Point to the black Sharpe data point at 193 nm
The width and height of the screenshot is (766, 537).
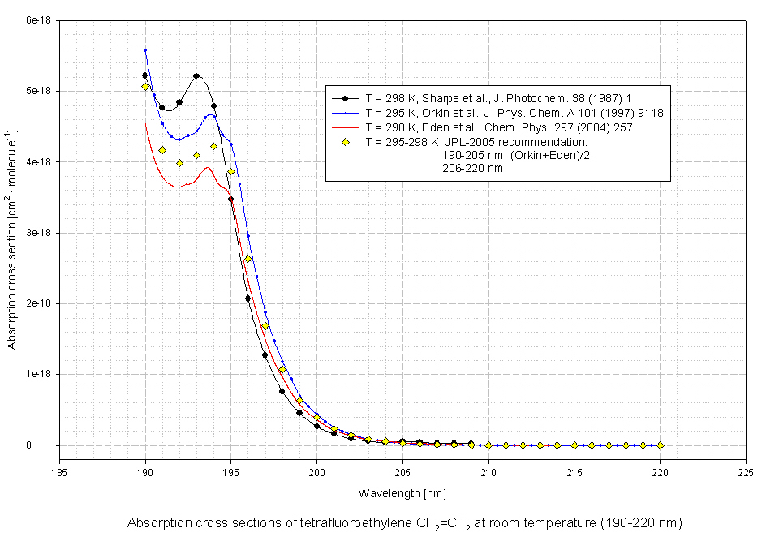click(196, 76)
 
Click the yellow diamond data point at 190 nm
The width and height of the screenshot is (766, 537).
click(145, 87)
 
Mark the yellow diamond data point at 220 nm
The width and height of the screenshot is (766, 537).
click(661, 445)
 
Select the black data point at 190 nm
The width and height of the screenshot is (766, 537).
click(145, 75)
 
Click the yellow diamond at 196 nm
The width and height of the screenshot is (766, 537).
click(248, 259)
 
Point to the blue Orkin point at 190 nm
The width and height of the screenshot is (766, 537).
click(145, 50)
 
